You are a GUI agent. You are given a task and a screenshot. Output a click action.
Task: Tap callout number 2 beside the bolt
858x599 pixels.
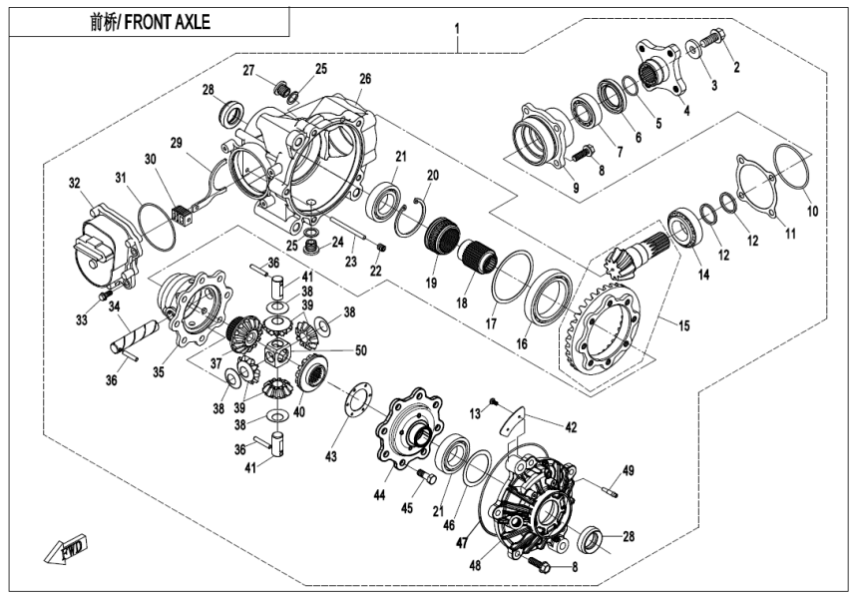point(736,68)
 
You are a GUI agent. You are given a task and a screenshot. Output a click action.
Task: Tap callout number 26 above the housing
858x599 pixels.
point(364,78)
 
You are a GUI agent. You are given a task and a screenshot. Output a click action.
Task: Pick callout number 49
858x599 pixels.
point(629,470)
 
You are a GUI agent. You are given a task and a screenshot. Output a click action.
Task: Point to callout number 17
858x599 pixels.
point(490,323)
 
